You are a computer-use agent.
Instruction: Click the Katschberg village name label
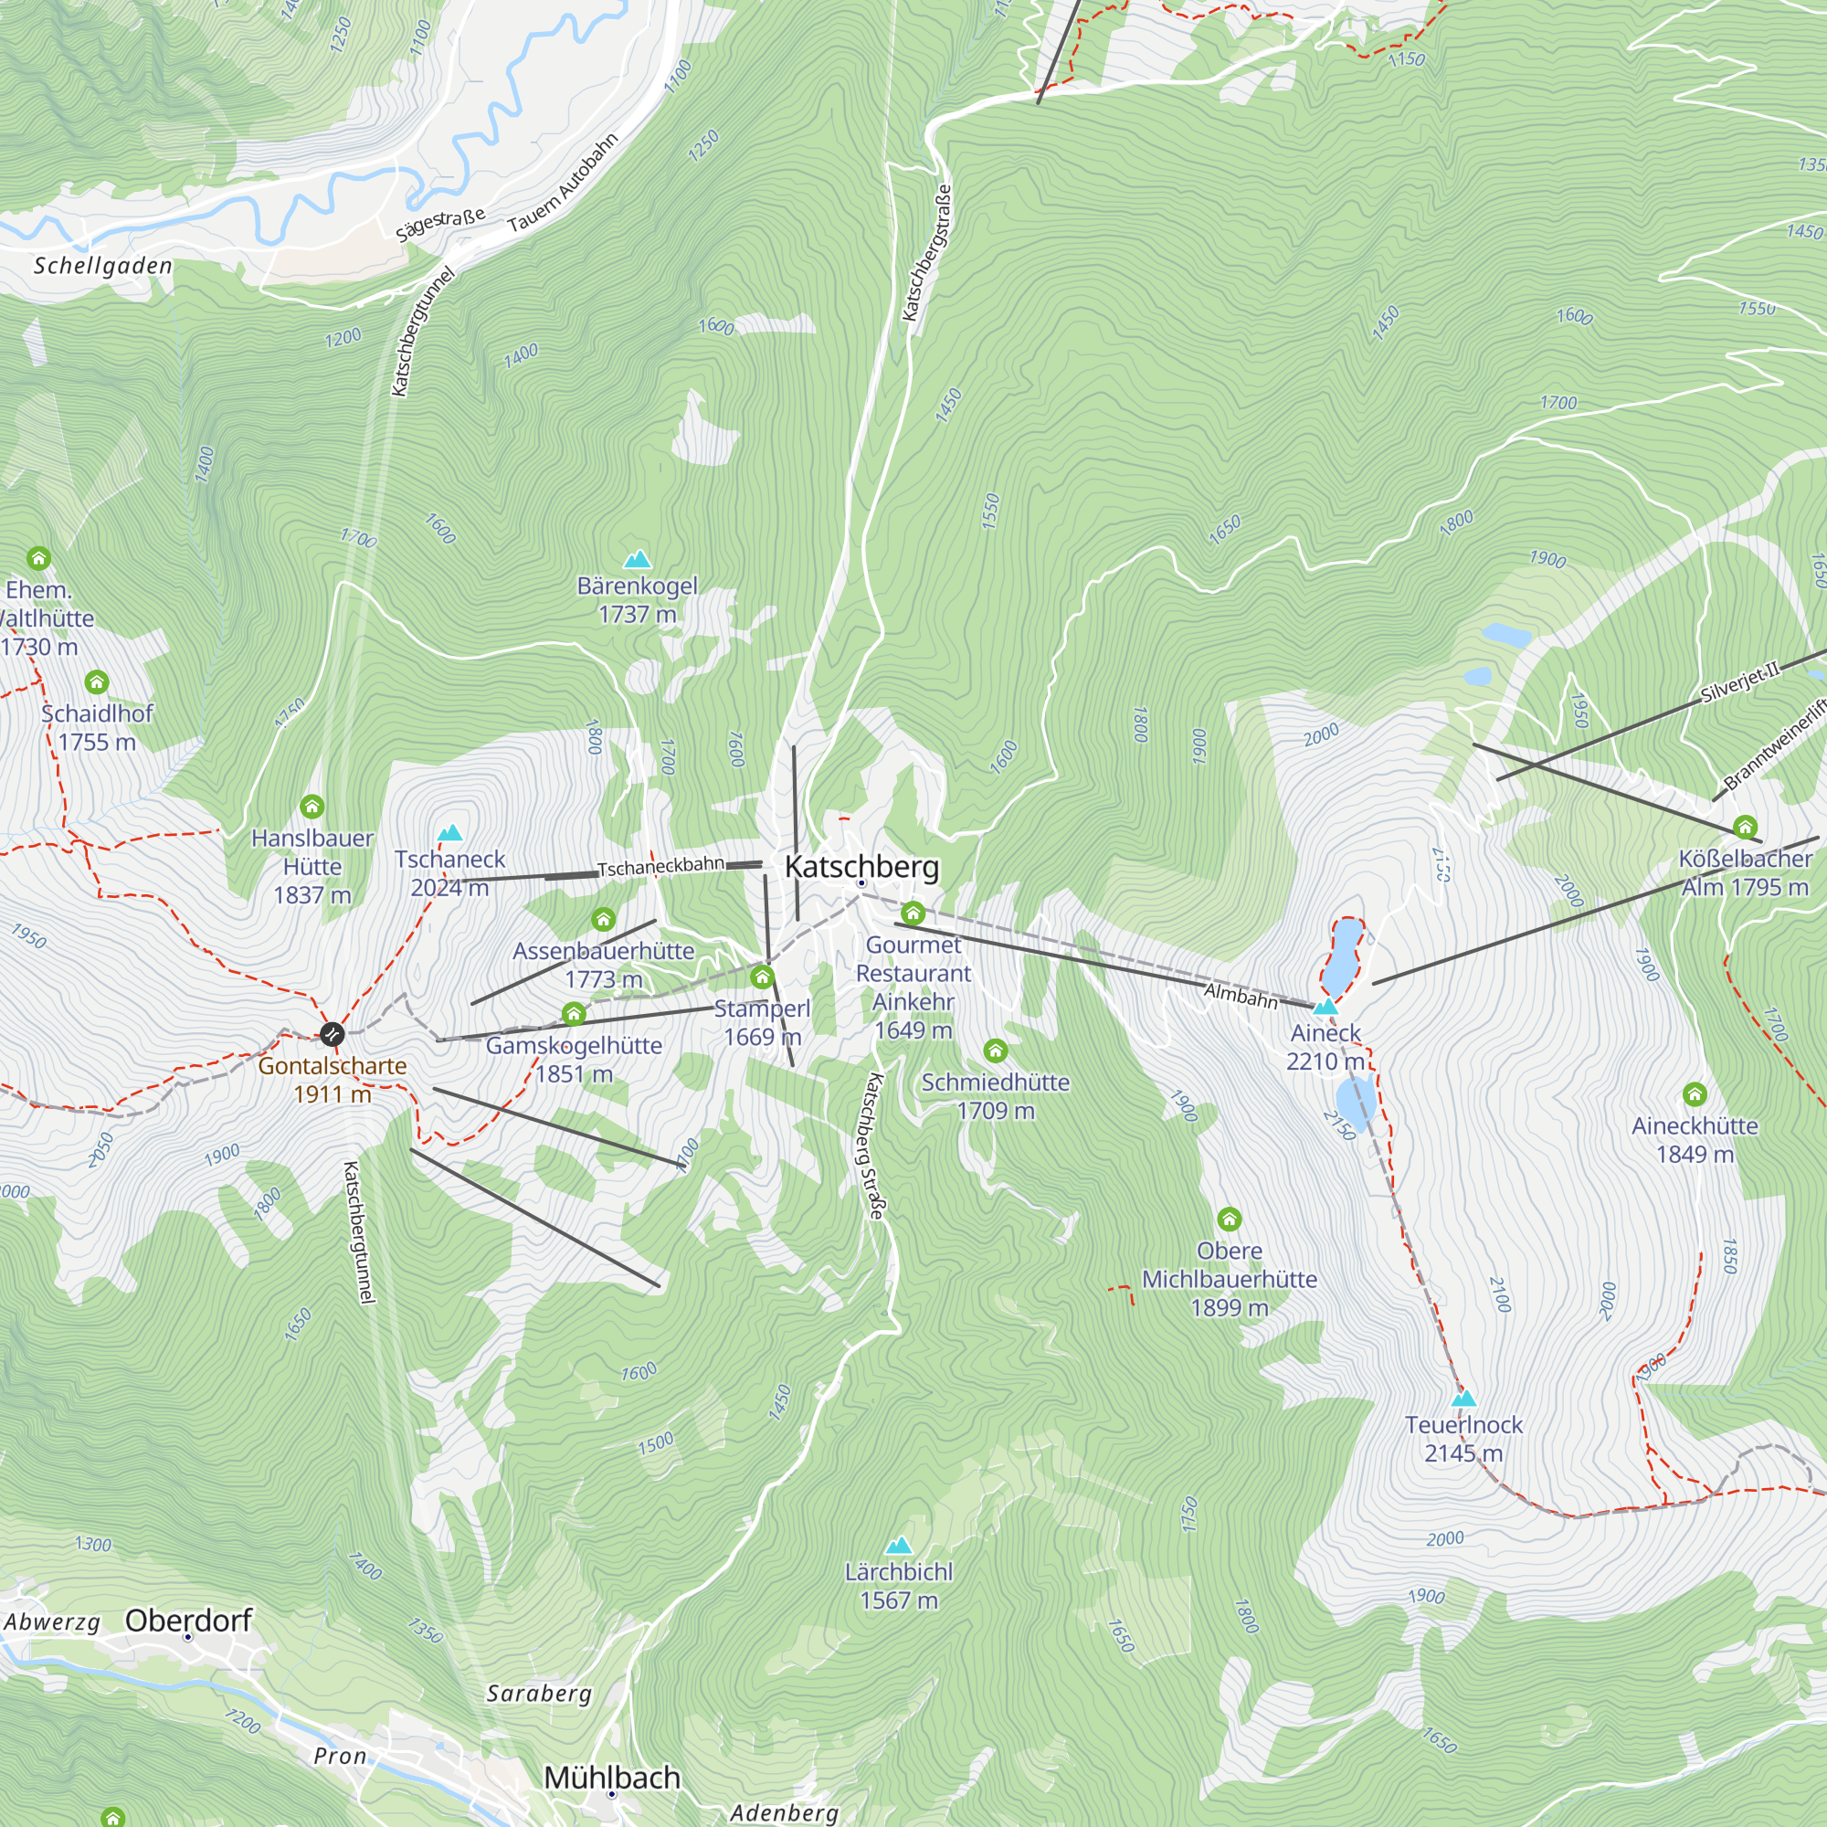pyautogui.click(x=861, y=866)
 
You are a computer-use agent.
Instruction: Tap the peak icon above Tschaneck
pyautogui.click(x=450, y=832)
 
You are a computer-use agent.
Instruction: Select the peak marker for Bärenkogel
pyautogui.click(x=638, y=559)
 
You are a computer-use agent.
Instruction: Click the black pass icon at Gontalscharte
pyautogui.click(x=332, y=1033)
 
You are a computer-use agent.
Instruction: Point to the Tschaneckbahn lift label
pyautogui.click(x=660, y=866)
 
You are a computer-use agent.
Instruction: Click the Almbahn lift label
pyautogui.click(x=1240, y=996)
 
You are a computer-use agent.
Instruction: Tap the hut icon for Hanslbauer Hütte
pyautogui.click(x=312, y=807)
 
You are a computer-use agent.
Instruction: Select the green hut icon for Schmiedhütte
pyautogui.click(x=995, y=1051)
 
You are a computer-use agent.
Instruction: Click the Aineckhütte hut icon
pyautogui.click(x=1695, y=1094)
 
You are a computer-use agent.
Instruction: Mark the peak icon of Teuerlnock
pyautogui.click(x=1463, y=1398)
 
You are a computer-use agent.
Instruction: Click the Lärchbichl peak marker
pyautogui.click(x=898, y=1546)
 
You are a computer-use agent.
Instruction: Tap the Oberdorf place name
pyautogui.click(x=188, y=1620)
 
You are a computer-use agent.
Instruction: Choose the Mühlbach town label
pyautogui.click(x=612, y=1777)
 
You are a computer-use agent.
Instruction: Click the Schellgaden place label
pyautogui.click(x=103, y=266)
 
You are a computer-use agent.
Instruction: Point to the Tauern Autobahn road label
pyautogui.click(x=563, y=184)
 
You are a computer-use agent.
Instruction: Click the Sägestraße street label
pyautogui.click(x=440, y=225)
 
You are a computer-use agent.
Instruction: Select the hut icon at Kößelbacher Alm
pyautogui.click(x=1745, y=828)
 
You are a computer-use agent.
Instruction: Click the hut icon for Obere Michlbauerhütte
pyautogui.click(x=1229, y=1218)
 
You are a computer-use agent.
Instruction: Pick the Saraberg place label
pyautogui.click(x=539, y=1693)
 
